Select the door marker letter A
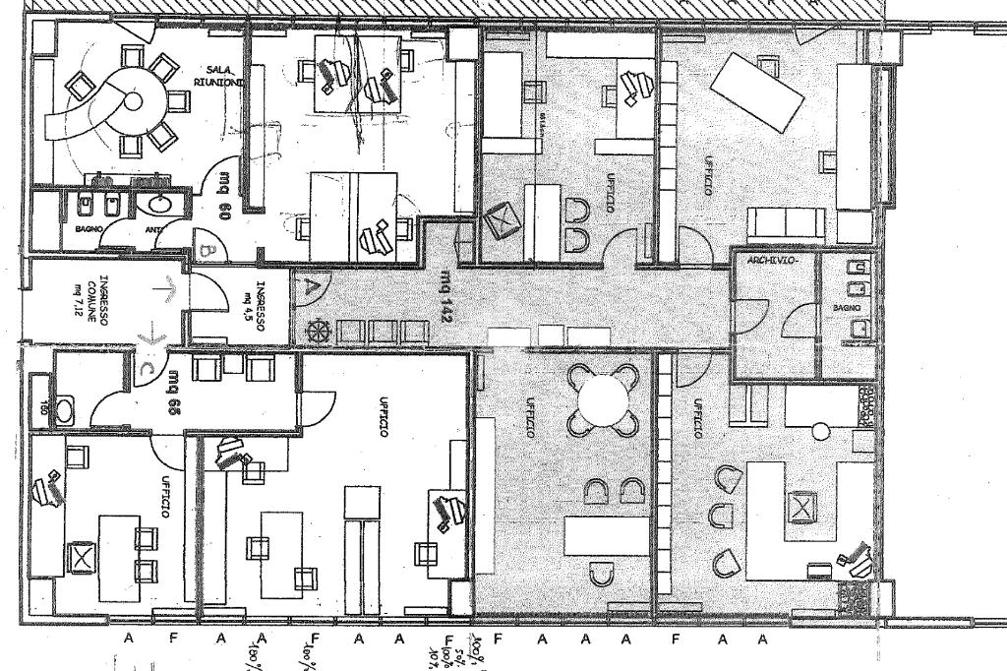click(x=312, y=288)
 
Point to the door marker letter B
click(x=207, y=251)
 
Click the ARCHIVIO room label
click(x=771, y=261)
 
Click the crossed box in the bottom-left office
click(x=80, y=558)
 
